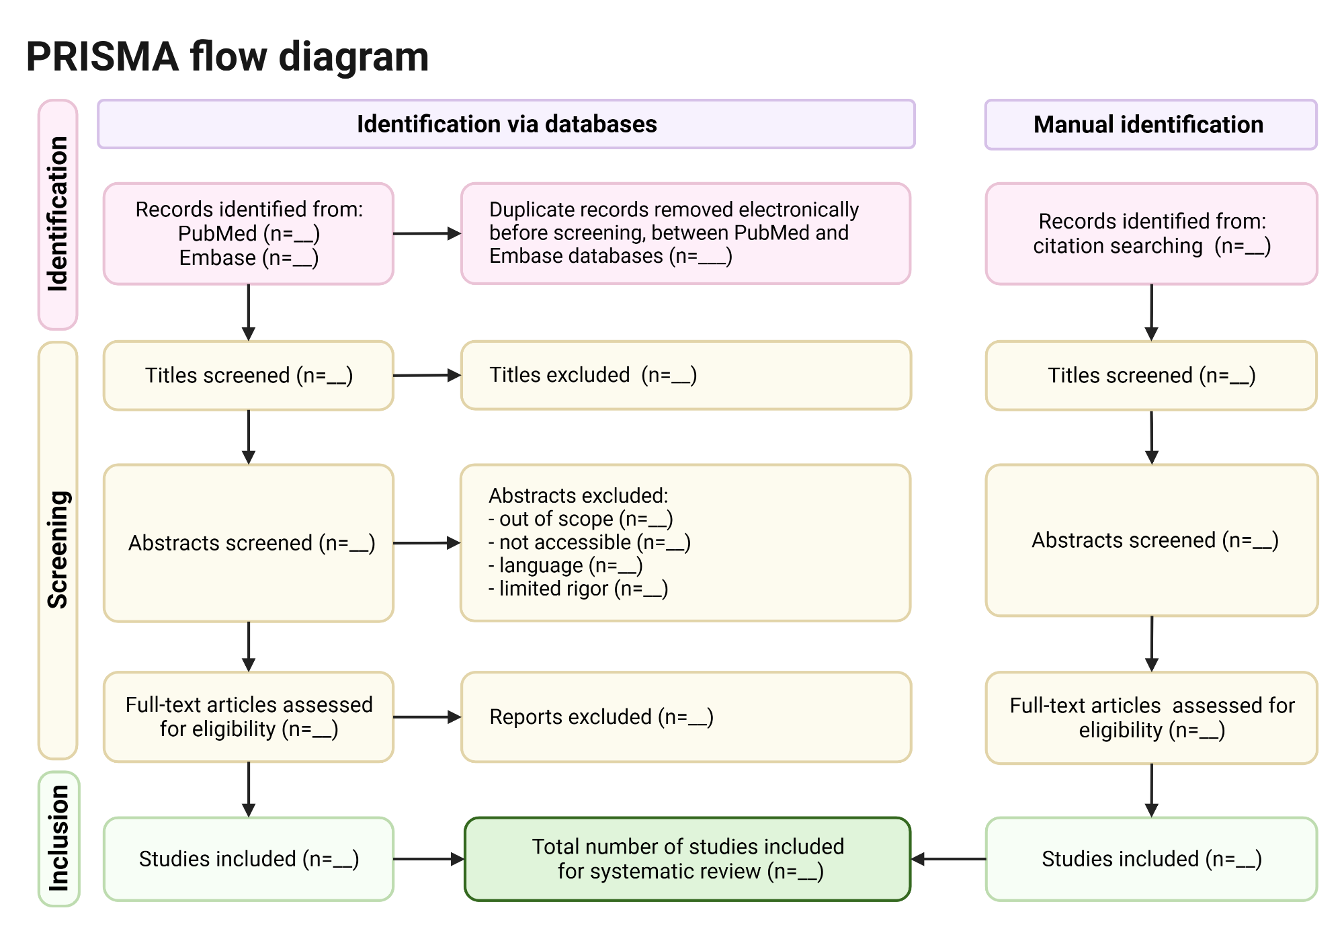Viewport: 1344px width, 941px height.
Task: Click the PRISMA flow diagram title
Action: coord(227,56)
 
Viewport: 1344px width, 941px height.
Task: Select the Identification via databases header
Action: coord(506,124)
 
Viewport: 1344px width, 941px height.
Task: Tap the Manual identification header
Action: coord(1150,124)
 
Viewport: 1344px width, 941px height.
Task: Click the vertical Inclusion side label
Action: coord(58,838)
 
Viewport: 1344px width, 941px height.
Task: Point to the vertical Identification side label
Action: coord(58,214)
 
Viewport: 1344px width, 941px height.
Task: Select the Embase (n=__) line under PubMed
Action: coord(249,258)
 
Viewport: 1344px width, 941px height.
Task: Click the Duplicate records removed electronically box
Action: coord(685,233)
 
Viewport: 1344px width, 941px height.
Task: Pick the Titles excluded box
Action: coord(685,375)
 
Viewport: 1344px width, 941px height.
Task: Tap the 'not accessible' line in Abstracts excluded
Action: coord(590,542)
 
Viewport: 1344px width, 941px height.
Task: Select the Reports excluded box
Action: coord(685,717)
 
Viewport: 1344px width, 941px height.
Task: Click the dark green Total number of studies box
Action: coord(687,859)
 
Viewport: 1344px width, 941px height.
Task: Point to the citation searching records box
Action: coord(1151,233)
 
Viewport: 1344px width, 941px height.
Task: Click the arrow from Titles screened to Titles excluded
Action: coord(427,375)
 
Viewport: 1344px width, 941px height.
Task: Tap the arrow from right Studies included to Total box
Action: coord(948,859)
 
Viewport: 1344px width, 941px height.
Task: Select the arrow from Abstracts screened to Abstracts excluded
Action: coord(427,543)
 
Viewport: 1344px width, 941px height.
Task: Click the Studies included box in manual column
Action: coord(1151,859)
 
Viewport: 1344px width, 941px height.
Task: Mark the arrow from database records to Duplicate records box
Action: coord(427,233)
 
